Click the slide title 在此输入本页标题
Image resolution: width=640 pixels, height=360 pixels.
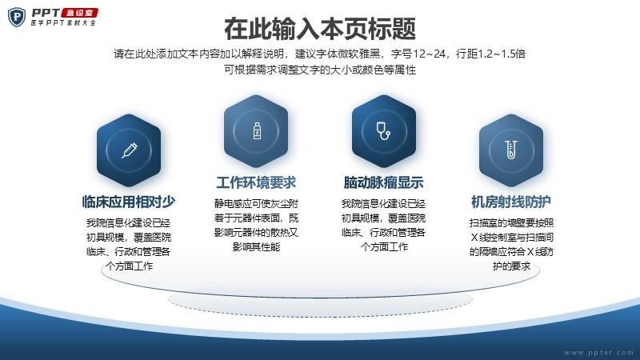320,29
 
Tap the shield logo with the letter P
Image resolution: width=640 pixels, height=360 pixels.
17,17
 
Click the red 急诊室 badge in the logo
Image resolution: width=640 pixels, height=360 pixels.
80,13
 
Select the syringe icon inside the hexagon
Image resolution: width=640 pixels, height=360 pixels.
130,150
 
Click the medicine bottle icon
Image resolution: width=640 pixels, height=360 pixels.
257,131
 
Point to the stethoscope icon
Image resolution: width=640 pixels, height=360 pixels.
383,130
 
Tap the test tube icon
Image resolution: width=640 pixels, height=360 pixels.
511,150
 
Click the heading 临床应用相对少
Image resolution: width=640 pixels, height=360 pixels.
129,202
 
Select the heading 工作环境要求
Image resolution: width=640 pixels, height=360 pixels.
256,182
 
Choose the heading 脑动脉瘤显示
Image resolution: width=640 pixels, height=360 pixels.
384,182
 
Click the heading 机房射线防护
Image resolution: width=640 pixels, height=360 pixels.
511,202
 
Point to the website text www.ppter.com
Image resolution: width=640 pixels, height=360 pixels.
598,352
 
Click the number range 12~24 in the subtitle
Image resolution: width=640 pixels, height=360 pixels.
429,54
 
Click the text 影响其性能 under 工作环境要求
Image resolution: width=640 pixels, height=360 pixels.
256,246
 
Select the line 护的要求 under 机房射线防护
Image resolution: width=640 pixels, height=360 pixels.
511,266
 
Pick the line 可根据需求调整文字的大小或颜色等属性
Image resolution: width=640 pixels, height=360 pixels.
320,70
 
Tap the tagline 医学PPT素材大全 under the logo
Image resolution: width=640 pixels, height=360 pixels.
63,23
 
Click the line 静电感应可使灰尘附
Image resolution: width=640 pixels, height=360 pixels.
256,203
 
